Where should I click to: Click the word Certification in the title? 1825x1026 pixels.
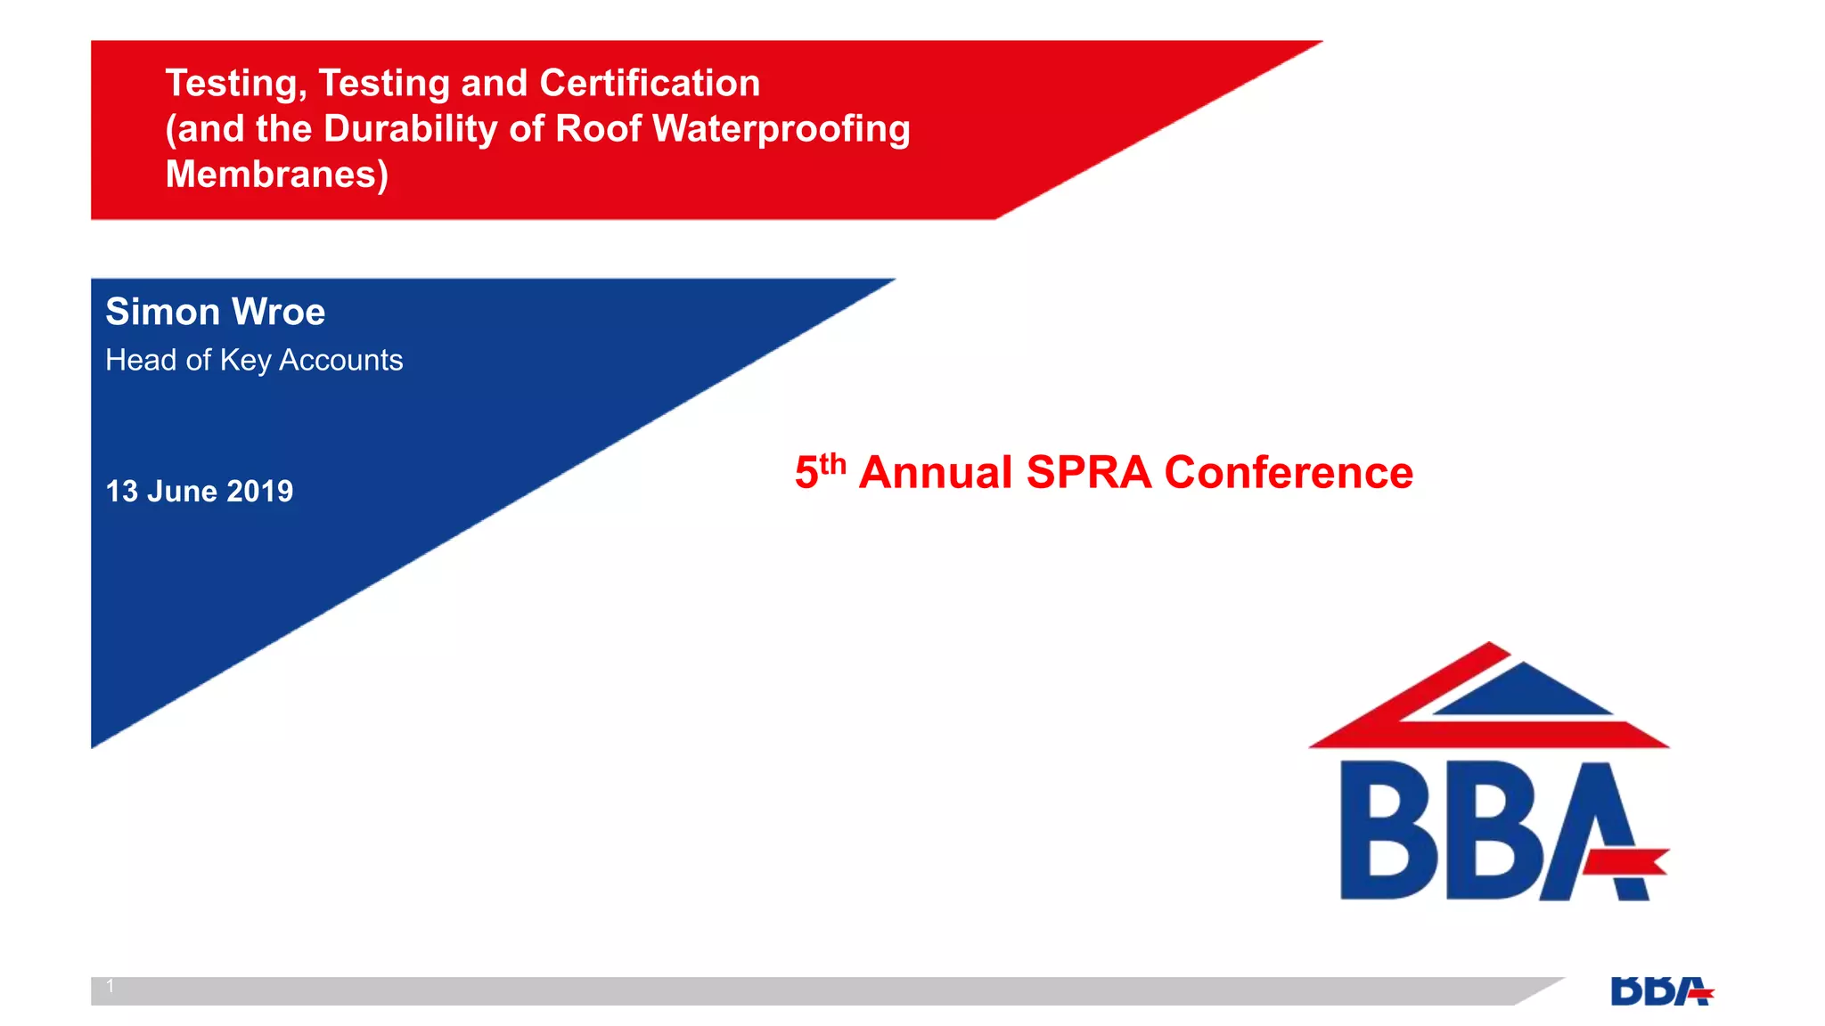point(650,84)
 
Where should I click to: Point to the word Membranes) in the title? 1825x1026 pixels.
point(277,175)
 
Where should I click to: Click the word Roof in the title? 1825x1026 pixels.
point(598,129)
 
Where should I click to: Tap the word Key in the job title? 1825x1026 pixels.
point(245,361)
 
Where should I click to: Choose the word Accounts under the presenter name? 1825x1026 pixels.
point(340,361)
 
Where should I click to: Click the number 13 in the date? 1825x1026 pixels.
point(122,492)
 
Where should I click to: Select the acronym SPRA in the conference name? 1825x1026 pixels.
point(1088,473)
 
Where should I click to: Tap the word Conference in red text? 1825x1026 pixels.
point(1289,473)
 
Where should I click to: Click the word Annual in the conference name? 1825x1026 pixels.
point(936,473)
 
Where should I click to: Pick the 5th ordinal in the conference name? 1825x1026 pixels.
point(819,470)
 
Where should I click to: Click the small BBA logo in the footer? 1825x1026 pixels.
point(1661,991)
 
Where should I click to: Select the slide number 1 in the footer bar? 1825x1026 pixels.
point(110,986)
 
